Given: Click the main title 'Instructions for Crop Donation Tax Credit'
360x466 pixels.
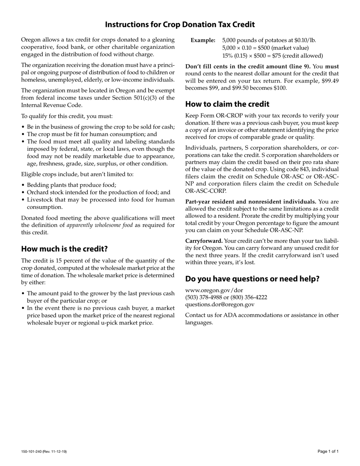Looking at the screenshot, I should [180, 25].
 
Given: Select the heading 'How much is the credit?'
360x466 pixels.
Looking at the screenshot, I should [64, 249].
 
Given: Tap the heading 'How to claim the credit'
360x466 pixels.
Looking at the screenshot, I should [227, 104].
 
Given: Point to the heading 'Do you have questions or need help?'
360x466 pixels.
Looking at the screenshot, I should [252, 279].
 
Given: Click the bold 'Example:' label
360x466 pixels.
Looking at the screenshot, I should [203, 40].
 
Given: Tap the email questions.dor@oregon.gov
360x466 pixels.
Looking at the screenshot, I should [219, 304].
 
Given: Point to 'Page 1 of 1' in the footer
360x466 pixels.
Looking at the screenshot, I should [328, 451].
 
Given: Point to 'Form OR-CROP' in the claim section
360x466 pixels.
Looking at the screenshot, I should [218, 116].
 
